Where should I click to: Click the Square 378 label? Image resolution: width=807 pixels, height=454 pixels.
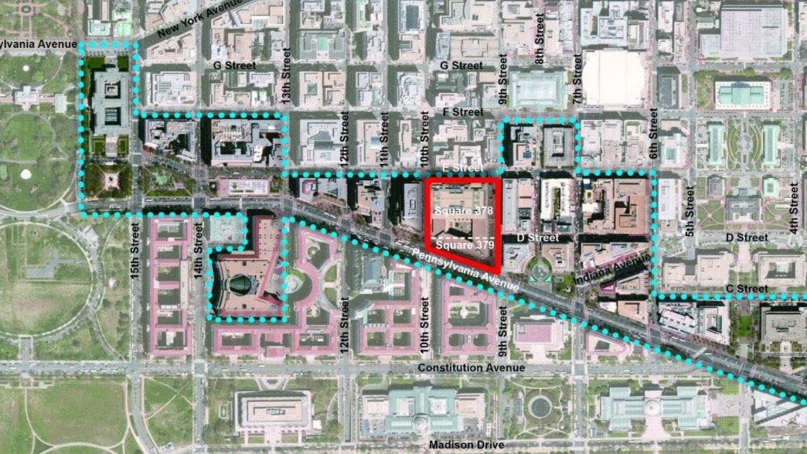click(462, 210)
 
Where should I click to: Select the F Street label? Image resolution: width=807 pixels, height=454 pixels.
click(461, 112)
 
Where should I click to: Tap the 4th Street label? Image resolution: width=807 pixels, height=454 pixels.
click(793, 207)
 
